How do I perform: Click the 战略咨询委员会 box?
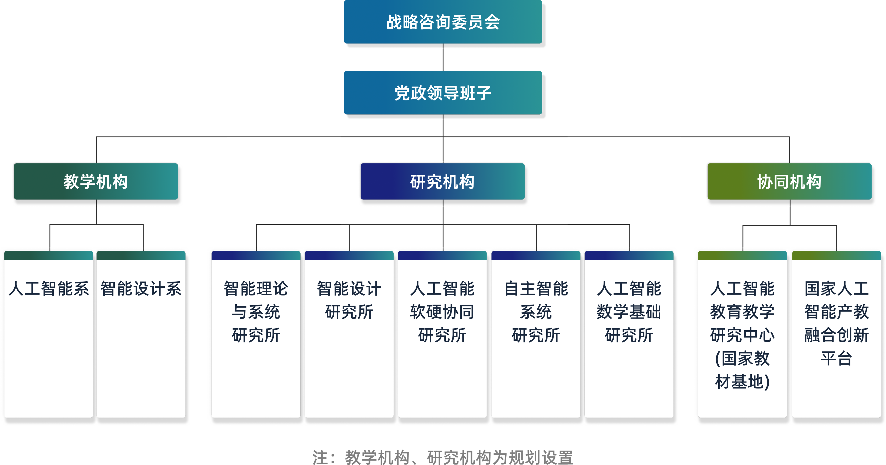point(443,22)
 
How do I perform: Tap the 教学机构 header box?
point(96,182)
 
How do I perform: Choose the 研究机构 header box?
point(442,182)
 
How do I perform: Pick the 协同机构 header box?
point(789,182)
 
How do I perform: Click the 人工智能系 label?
point(49,289)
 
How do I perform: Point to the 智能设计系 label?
point(141,289)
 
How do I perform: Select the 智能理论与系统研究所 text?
point(256,312)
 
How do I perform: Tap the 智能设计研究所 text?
point(349,300)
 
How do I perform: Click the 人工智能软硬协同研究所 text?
point(442,312)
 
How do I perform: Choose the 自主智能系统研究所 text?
point(536,312)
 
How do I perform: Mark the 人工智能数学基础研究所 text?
point(629,312)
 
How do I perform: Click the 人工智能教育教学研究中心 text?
point(742,335)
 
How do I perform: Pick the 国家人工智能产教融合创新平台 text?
point(836,323)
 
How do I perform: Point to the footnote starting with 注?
point(443,457)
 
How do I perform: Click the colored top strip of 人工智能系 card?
point(49,255)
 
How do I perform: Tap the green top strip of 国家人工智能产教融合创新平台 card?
point(836,255)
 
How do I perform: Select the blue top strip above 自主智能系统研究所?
point(536,255)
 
